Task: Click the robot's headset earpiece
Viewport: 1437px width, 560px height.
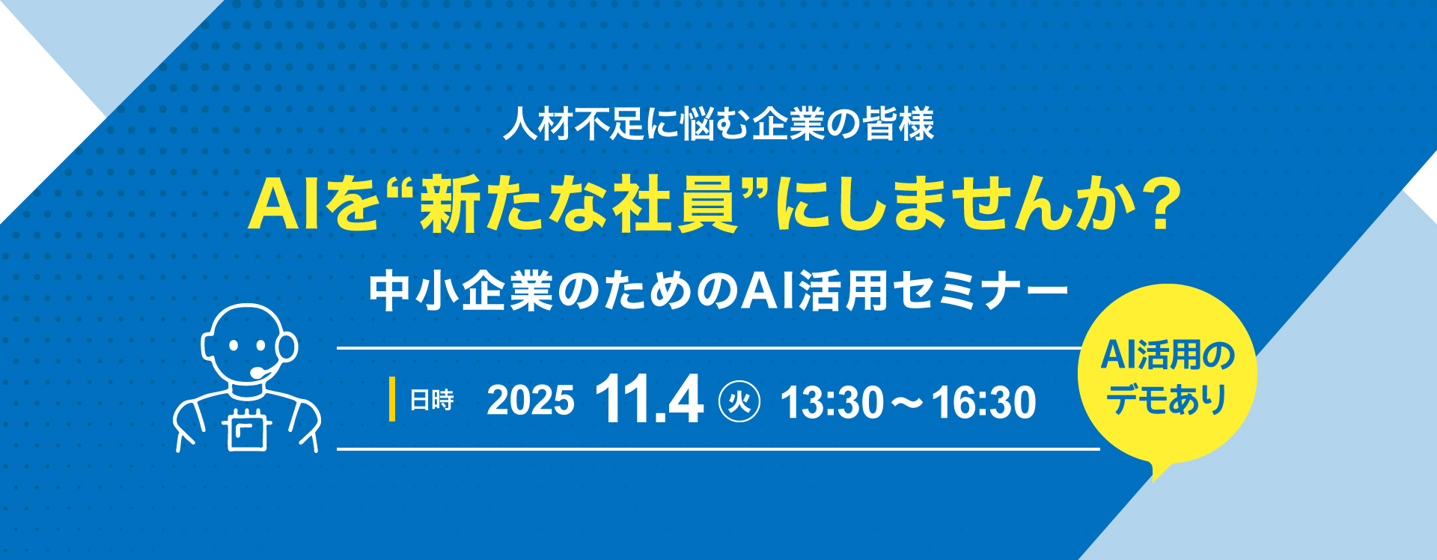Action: coord(287,347)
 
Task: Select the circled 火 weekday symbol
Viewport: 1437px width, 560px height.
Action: coord(739,401)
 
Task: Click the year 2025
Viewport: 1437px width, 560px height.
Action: coord(531,401)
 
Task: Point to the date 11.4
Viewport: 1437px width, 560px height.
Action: coord(649,399)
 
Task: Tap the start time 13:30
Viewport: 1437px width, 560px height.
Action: coord(832,402)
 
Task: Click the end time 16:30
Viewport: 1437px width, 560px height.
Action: coord(984,402)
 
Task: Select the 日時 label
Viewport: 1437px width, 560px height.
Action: coord(432,401)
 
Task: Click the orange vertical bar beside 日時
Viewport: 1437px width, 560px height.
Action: coord(391,400)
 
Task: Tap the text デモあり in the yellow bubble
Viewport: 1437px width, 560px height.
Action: coord(1167,399)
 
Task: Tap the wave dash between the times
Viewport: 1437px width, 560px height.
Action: coord(908,403)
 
